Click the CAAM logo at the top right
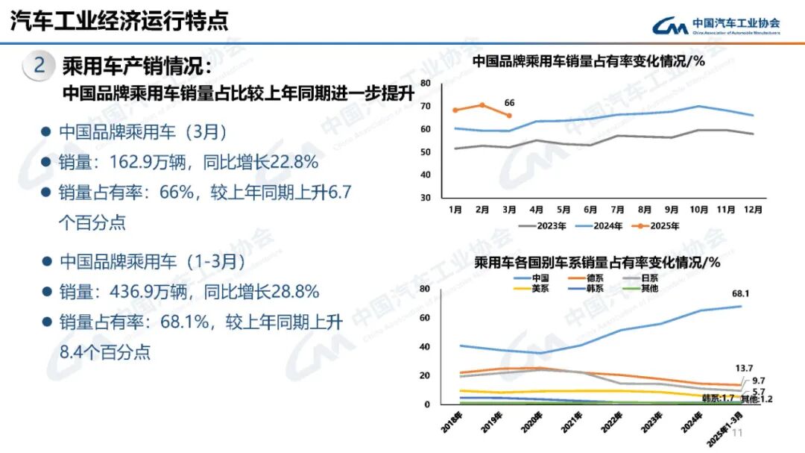(716, 25)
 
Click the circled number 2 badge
(40, 66)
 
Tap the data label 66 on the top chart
(510, 103)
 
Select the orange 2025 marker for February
(482, 105)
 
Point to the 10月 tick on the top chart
(699, 210)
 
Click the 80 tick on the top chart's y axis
(426, 83)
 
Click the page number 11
(739, 433)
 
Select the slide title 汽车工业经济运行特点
(119, 21)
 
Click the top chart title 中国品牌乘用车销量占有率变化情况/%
(589, 61)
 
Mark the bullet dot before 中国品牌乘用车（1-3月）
(45, 262)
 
